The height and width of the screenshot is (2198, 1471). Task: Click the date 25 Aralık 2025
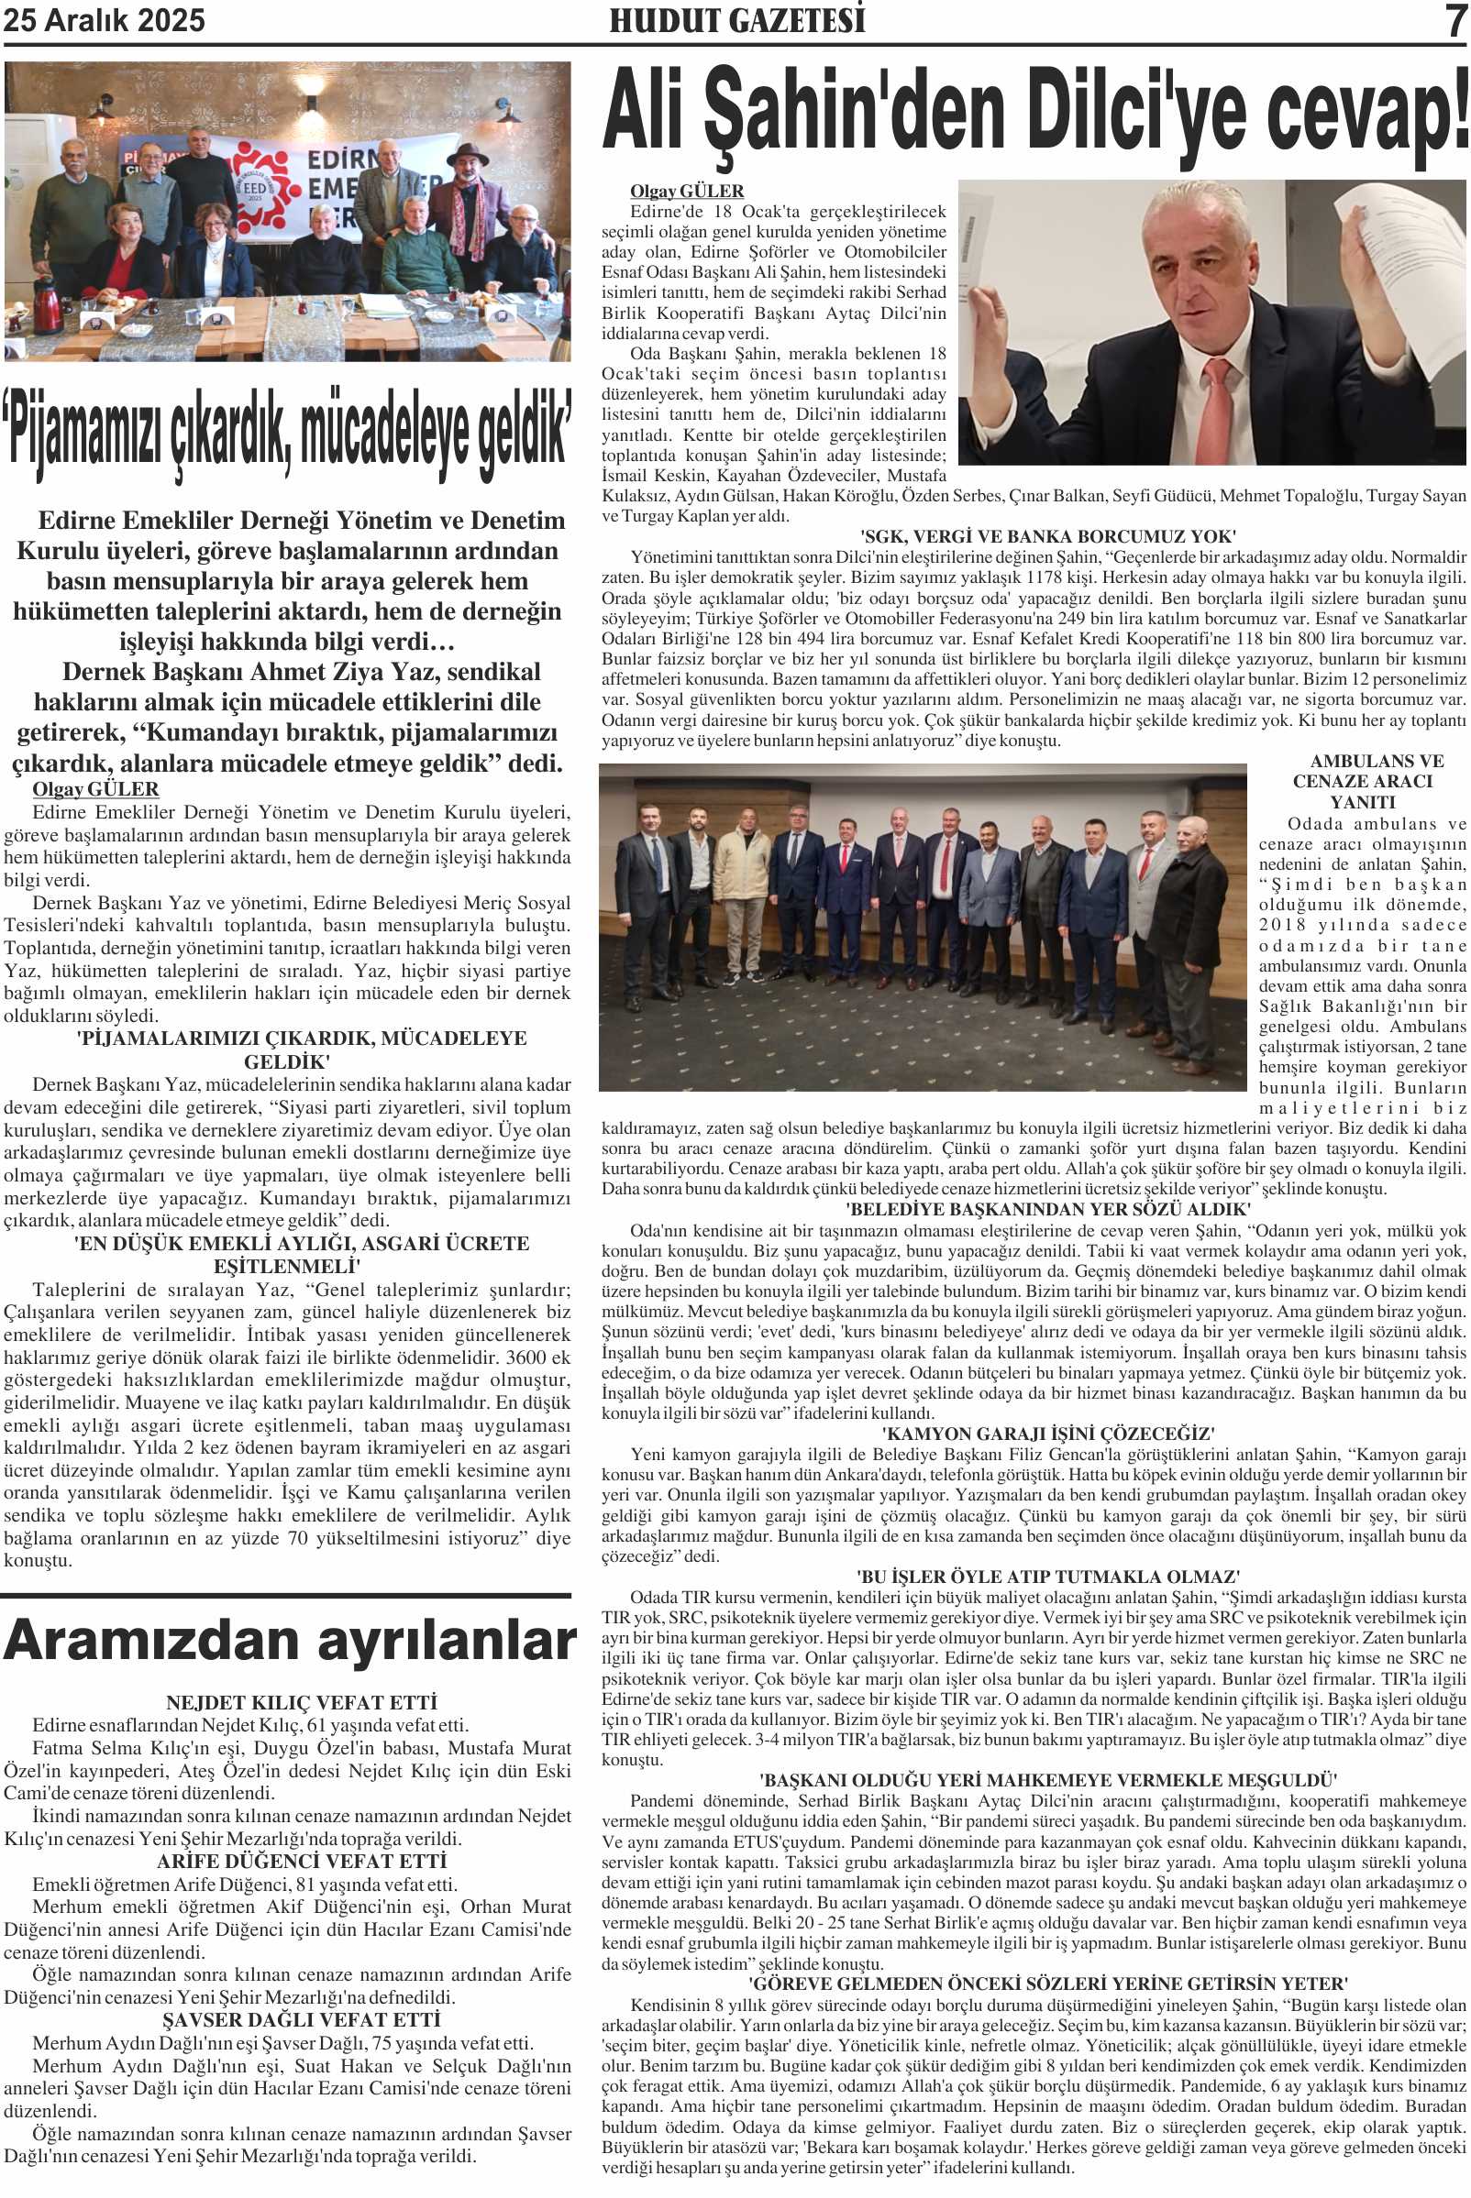pos(105,21)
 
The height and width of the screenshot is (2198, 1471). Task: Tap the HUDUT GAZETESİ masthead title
pos(736,21)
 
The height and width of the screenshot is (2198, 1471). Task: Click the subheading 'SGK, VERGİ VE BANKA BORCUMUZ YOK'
pos(1048,536)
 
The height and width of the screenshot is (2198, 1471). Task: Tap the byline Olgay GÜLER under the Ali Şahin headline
pos(687,192)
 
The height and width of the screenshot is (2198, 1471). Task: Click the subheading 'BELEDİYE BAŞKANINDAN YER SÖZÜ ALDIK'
pos(1048,1210)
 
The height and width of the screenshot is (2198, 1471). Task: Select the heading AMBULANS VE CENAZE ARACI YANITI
pos(1362,781)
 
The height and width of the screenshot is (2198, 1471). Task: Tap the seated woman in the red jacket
pos(135,253)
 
